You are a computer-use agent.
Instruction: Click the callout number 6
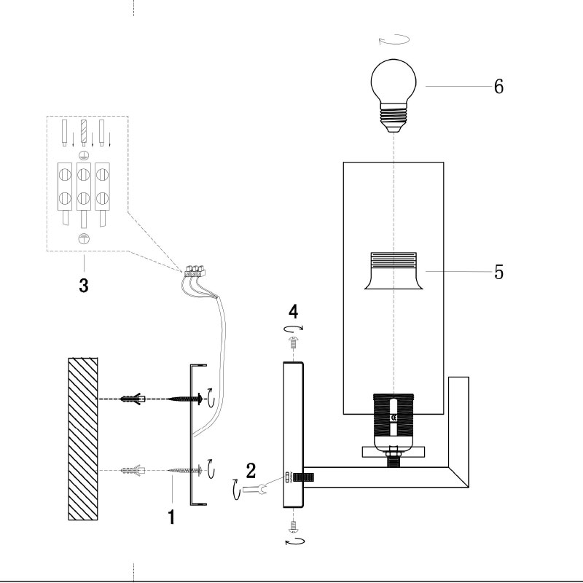pyautogui.click(x=498, y=86)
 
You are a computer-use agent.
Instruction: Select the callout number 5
pyautogui.click(x=499, y=271)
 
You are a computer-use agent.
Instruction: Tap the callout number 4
pyautogui.click(x=293, y=313)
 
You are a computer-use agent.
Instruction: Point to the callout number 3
pyautogui.click(x=84, y=286)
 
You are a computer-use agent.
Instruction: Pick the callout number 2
pyautogui.click(x=251, y=469)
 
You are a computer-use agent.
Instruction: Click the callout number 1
pyautogui.click(x=171, y=517)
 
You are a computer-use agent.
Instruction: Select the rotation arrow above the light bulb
pyautogui.click(x=394, y=40)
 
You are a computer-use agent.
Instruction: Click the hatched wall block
pyautogui.click(x=82, y=438)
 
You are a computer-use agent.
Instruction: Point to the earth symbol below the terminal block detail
pyautogui.click(x=83, y=238)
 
